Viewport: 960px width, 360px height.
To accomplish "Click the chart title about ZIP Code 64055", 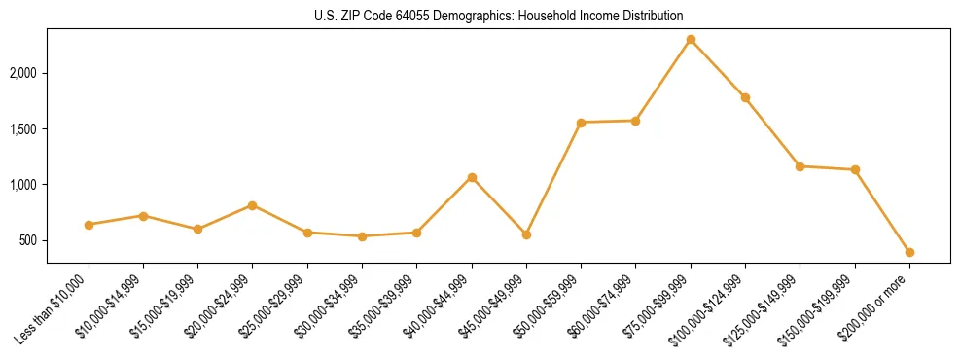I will click(499, 17).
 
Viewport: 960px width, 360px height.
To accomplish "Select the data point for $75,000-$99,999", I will click(691, 40).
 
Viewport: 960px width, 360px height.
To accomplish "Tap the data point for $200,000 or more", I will click(909, 252).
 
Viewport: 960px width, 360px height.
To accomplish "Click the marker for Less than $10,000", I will click(89, 225).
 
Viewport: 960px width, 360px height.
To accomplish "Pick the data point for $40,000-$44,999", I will click(472, 178).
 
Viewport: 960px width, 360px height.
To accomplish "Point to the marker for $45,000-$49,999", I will click(526, 234).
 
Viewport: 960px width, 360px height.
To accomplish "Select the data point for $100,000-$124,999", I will click(745, 98).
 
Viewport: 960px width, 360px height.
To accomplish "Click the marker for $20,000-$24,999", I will click(253, 205).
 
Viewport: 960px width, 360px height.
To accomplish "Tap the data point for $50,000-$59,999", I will click(581, 123).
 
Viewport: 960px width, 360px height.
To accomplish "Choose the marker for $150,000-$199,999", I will click(855, 169).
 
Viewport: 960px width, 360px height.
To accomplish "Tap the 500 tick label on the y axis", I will click(29, 240).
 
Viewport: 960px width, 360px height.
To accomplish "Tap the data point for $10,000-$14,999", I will click(143, 216).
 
